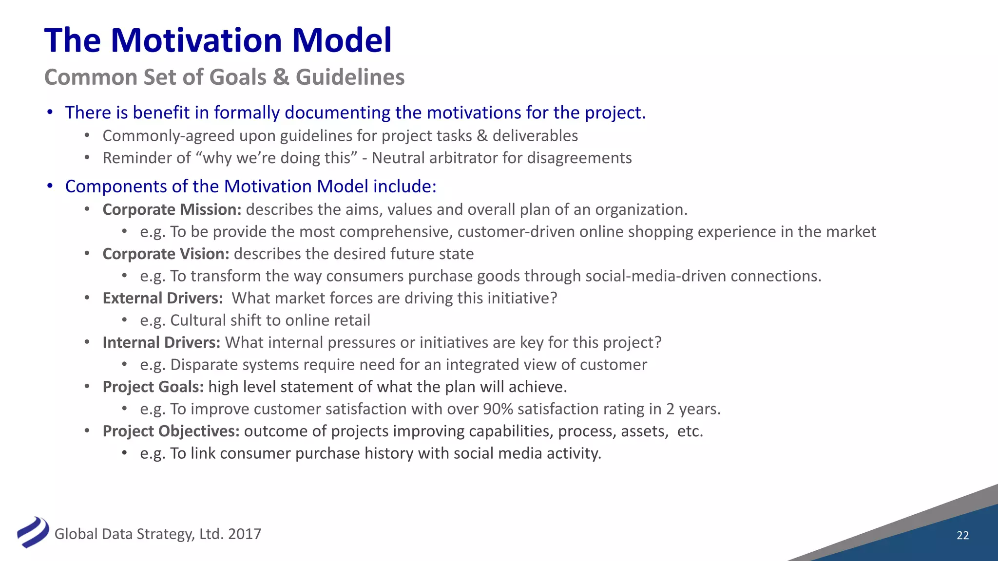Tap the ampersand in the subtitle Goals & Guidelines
281,77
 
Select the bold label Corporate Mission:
172,209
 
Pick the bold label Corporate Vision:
166,254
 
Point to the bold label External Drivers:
163,298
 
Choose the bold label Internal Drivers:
161,342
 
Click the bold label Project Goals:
153,387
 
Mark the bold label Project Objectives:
171,431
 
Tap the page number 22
962,535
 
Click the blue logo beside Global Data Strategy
33,532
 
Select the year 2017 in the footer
244,534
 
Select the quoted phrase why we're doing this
277,158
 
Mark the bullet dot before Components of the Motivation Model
50,187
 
